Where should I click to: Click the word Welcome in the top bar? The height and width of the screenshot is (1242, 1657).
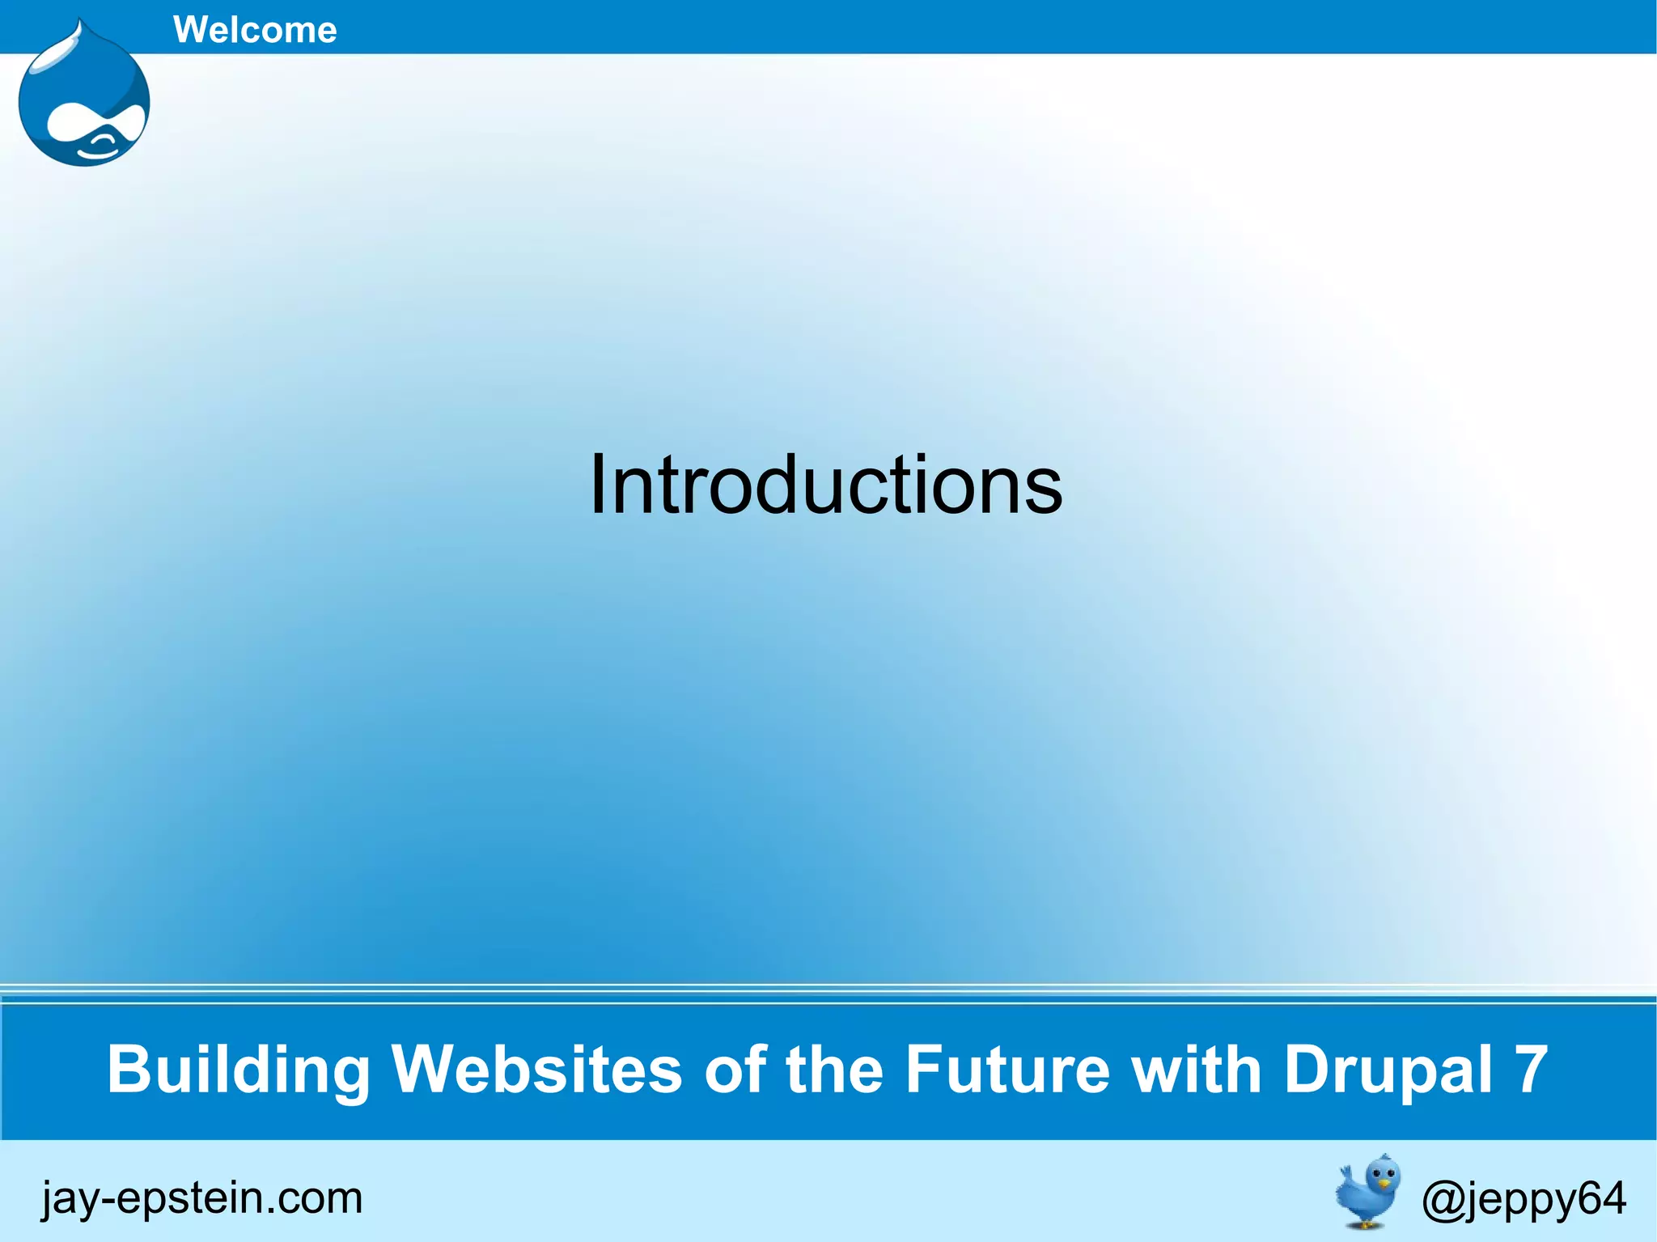pos(255,30)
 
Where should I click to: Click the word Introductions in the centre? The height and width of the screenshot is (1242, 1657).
pos(825,485)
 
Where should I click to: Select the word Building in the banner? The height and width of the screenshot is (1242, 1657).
pos(239,1070)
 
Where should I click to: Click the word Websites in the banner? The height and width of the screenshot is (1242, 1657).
pos(537,1070)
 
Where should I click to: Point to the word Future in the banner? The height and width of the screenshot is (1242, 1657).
pos(1007,1070)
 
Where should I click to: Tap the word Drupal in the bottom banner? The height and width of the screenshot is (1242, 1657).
pos(1388,1070)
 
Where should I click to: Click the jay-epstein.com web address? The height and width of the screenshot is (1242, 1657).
pos(202,1197)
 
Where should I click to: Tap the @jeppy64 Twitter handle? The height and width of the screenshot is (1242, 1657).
pos(1524,1198)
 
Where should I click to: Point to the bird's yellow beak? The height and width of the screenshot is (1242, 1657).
pos(1384,1184)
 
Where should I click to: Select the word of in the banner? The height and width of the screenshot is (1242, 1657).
pos(735,1070)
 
